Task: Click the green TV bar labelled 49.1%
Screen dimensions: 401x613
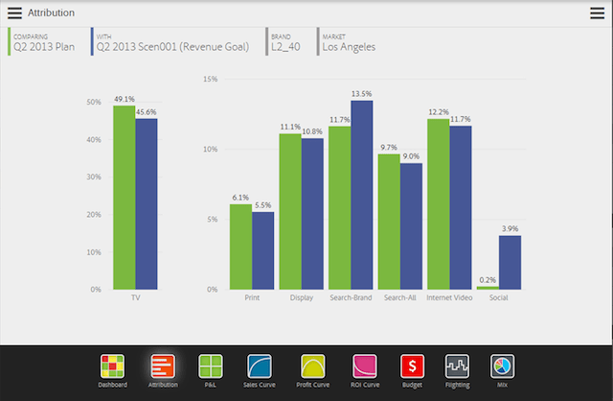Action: click(124, 197)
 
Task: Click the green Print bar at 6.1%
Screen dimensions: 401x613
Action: click(240, 247)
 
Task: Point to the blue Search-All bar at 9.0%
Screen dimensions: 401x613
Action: click(412, 225)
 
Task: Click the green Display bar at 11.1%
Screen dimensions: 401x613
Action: click(290, 211)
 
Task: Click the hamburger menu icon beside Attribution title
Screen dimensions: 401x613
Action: click(14, 12)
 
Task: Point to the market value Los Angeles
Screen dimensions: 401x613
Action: click(349, 45)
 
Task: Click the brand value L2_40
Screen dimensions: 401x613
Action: click(286, 45)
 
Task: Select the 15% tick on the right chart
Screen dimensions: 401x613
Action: click(211, 80)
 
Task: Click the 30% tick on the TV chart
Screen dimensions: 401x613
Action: click(94, 177)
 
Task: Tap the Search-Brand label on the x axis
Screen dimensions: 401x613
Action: click(351, 298)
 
